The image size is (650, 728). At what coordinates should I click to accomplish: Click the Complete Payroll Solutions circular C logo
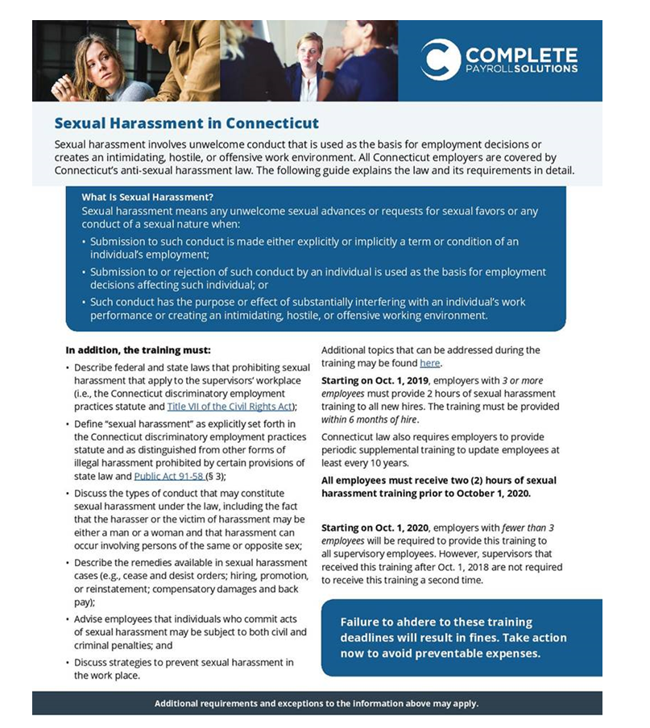440,60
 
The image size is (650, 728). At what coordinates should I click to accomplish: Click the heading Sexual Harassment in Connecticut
186,123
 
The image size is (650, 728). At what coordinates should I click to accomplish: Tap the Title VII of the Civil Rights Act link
230,406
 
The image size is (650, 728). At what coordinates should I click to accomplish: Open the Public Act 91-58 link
168,476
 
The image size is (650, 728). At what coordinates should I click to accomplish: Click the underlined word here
429,363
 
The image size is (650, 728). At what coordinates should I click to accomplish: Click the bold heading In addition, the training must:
138,350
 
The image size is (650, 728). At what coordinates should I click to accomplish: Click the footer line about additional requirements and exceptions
317,703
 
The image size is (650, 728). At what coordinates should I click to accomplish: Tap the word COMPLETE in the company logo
520,55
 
